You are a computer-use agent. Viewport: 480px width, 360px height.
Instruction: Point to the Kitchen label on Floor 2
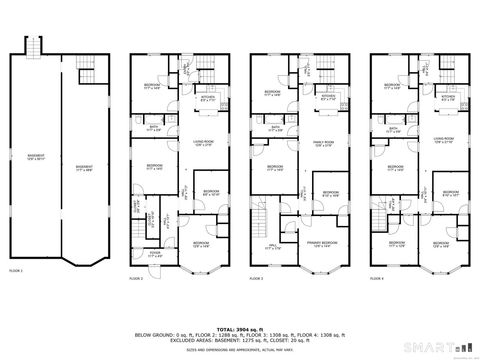(x=207, y=98)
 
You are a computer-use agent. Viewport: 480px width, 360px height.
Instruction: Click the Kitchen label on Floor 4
(x=448, y=98)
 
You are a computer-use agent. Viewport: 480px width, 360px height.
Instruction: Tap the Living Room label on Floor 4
(x=440, y=140)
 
